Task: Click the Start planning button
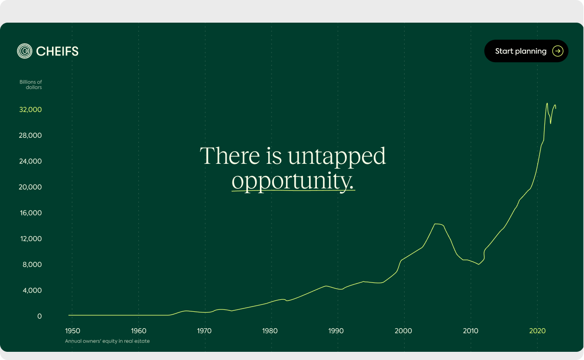pos(526,51)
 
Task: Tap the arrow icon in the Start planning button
pos(557,51)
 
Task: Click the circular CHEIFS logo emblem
pos(25,51)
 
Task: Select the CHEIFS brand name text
pos(57,51)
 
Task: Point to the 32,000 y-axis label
pos(30,110)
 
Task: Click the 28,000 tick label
pos(30,135)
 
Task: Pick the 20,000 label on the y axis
pos(30,187)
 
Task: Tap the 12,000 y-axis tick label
pos(31,239)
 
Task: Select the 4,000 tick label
pos(32,291)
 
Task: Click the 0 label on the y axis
pos(40,316)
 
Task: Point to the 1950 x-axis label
pos(72,331)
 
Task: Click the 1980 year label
pos(270,331)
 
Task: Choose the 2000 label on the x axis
pos(403,331)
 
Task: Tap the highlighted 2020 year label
pos(537,331)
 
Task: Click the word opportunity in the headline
pos(293,181)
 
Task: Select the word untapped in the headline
pos(337,156)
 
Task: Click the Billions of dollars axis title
pos(31,85)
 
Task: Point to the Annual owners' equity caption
pos(107,341)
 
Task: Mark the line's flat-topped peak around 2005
pos(439,224)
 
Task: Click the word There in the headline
pos(230,156)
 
